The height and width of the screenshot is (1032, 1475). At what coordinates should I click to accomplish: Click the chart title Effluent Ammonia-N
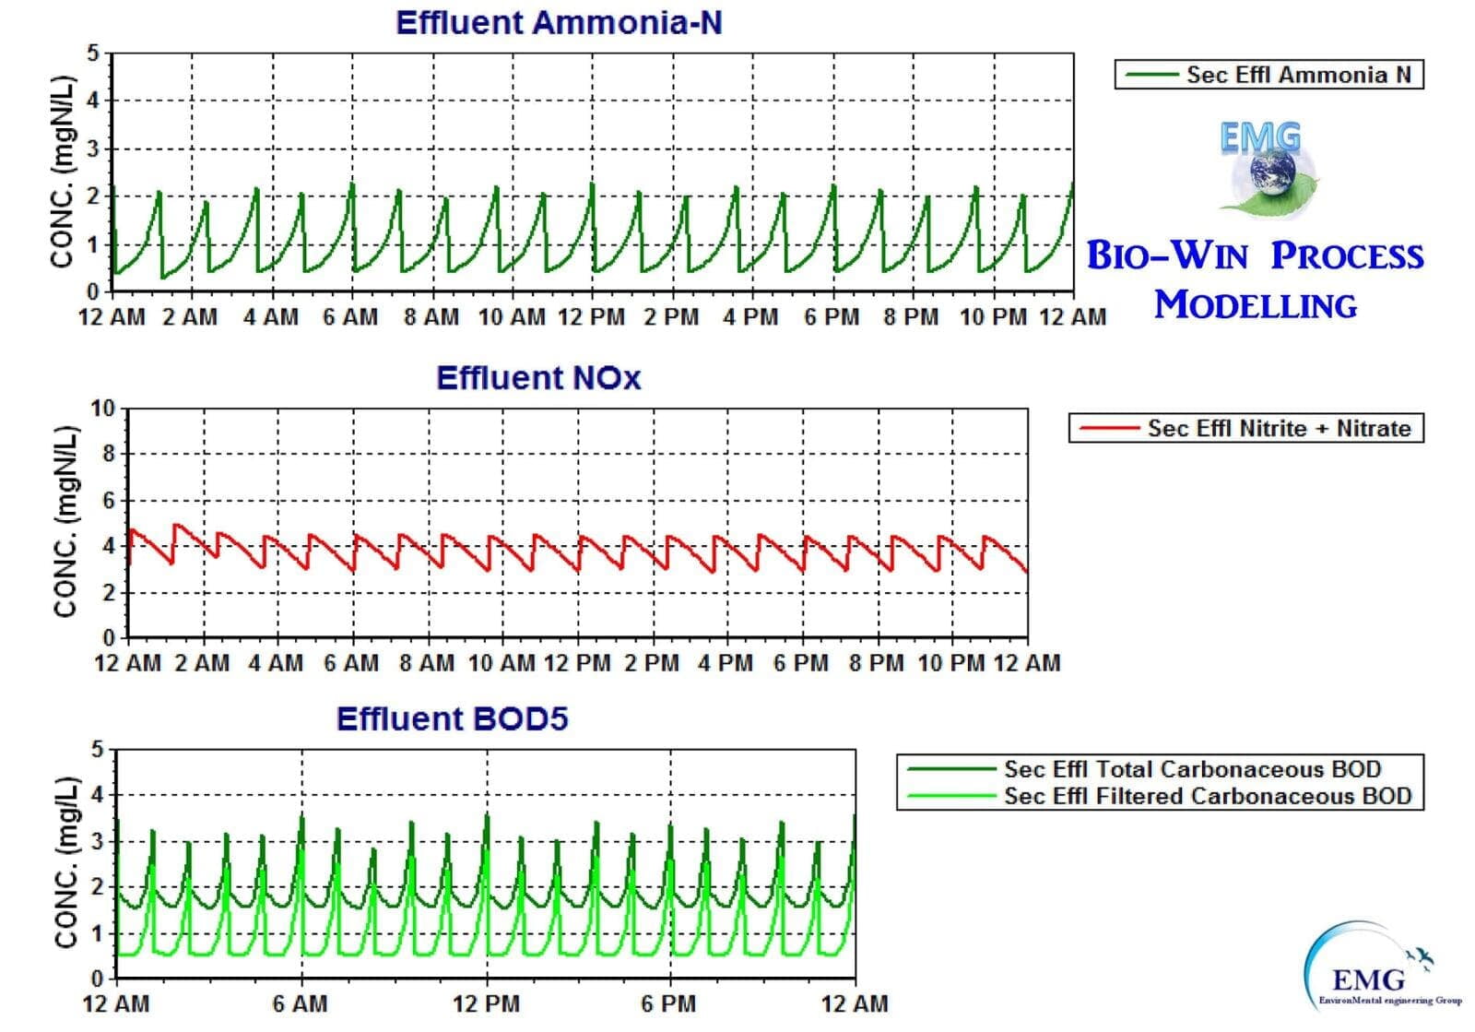coord(558,23)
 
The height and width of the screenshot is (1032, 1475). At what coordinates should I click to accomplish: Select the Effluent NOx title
coord(538,378)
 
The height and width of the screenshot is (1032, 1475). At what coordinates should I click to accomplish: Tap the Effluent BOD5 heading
coord(452,718)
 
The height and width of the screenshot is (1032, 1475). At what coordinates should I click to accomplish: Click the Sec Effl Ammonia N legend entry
coord(1298,75)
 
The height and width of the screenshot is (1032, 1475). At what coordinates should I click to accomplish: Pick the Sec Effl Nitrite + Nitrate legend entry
coord(1279,429)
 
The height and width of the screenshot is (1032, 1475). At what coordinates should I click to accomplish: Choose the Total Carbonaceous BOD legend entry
coord(1192,769)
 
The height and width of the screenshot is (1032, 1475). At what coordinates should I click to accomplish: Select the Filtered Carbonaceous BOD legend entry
coord(1207,796)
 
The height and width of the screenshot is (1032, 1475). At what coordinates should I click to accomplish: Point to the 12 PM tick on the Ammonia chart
coord(591,317)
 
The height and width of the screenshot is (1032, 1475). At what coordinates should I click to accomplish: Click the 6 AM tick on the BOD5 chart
coord(301,1003)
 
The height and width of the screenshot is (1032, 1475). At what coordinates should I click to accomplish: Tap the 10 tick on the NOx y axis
coord(103,409)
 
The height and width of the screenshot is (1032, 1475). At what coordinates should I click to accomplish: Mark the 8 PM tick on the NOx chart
coord(877,663)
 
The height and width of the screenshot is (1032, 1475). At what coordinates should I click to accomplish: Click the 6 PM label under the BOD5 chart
coord(669,1003)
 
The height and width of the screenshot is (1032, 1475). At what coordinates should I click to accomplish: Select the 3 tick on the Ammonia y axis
coord(92,148)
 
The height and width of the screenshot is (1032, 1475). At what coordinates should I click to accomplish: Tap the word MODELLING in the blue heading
coord(1256,305)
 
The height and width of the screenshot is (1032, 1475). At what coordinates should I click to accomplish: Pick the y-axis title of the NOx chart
coord(65,522)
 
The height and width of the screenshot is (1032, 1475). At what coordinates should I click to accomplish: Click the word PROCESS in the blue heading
coord(1347,256)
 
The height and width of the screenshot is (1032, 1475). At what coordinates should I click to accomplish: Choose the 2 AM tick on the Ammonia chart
coord(191,317)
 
